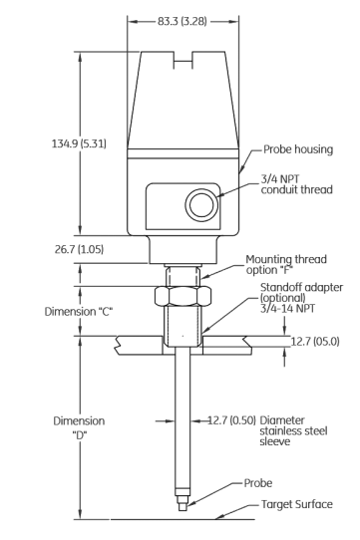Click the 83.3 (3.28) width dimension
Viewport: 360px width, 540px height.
point(182,21)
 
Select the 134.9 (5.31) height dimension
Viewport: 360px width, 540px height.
point(79,143)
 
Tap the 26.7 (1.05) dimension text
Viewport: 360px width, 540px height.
point(79,249)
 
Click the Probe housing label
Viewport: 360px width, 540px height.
point(298,149)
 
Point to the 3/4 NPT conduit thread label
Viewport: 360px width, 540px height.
point(296,184)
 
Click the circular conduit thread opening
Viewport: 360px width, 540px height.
point(201,204)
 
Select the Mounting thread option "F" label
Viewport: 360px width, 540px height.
point(286,264)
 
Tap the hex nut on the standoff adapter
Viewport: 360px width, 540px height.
point(182,296)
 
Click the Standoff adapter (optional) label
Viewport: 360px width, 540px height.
point(301,292)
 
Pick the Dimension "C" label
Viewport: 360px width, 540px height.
point(79,312)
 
